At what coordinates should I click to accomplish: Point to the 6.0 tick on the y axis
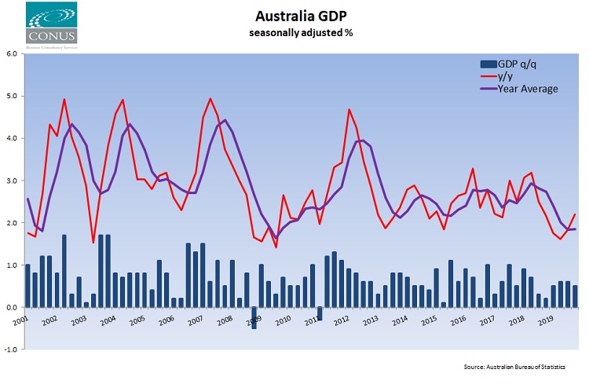click(13, 54)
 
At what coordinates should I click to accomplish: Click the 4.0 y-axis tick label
click(13, 139)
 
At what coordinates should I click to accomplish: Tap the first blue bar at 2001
click(27, 286)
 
